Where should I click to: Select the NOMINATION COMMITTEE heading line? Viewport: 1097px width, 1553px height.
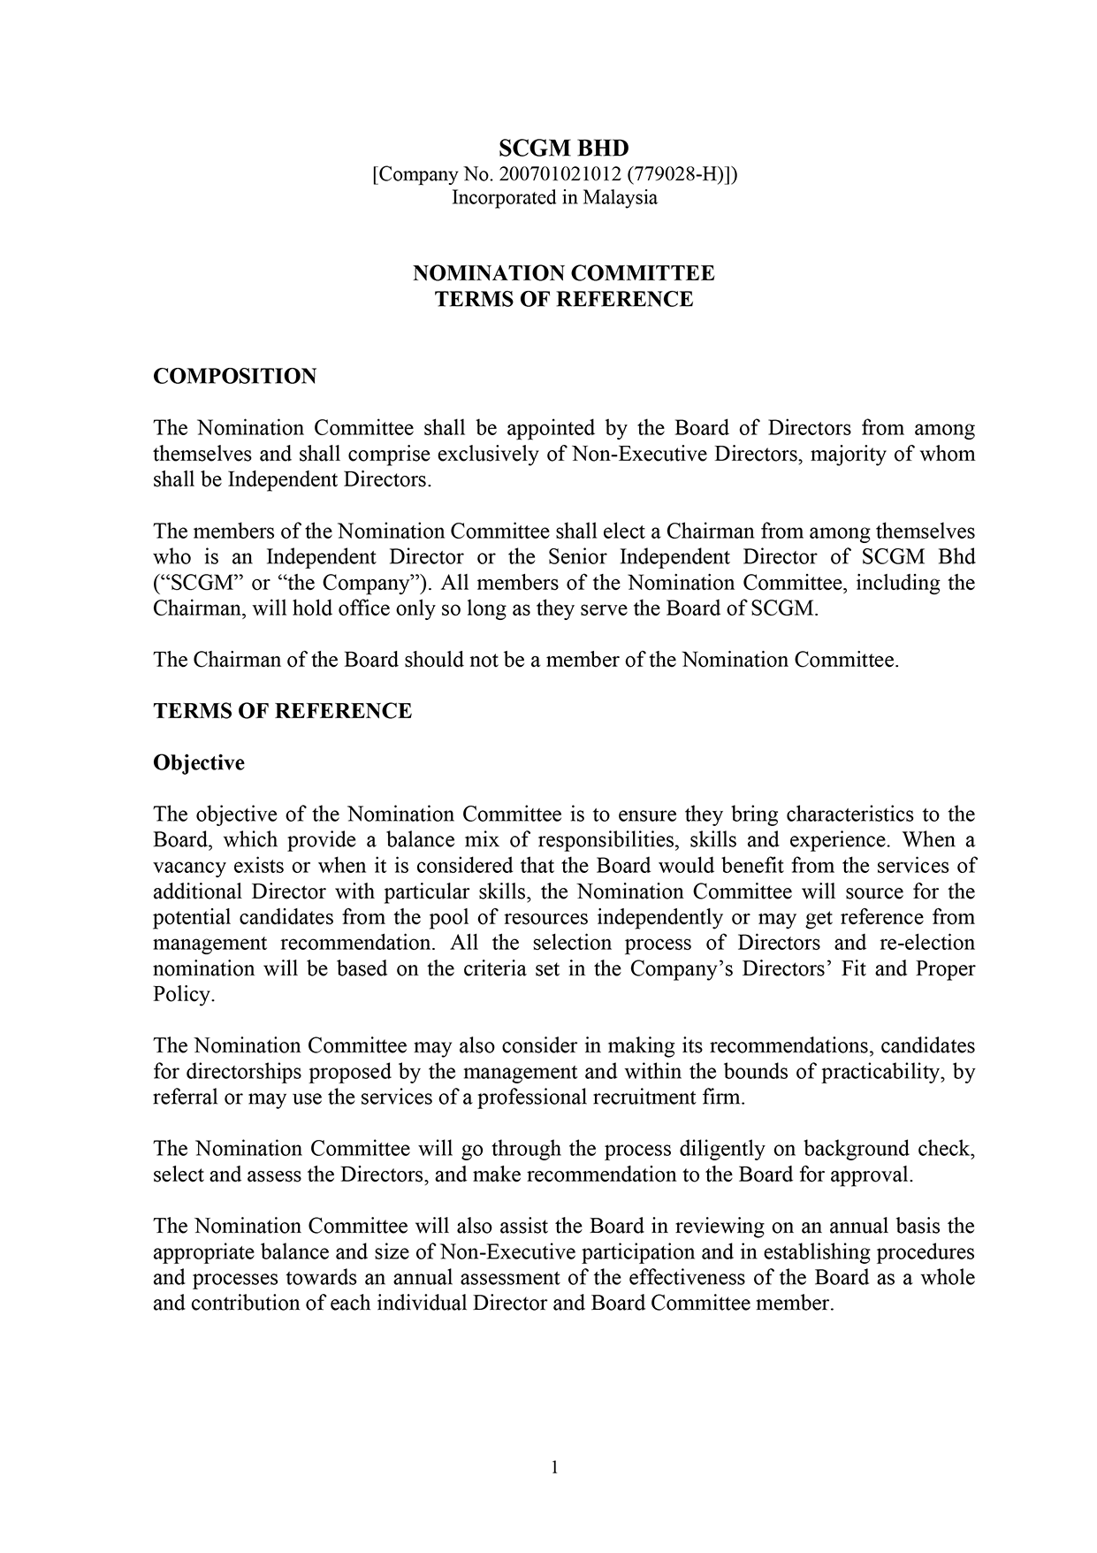tap(563, 273)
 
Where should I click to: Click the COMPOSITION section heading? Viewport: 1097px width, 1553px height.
tap(234, 376)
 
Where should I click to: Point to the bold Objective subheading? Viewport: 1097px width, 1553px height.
tap(199, 762)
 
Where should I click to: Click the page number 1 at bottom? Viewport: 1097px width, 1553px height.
tap(554, 1468)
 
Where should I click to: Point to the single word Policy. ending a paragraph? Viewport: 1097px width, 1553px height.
tap(184, 995)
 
